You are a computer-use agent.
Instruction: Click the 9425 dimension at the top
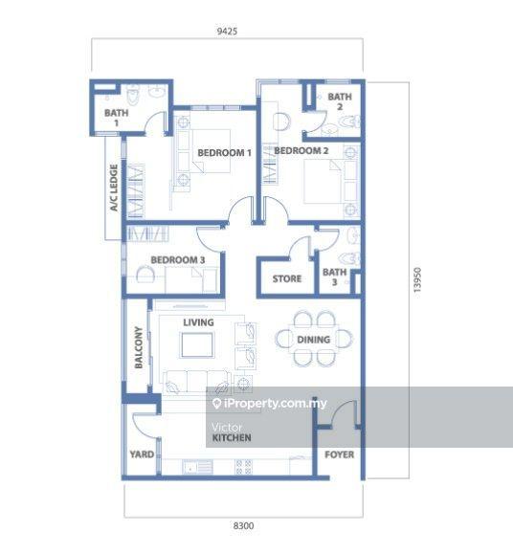tap(227, 31)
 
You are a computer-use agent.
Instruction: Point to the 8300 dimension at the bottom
tap(243, 526)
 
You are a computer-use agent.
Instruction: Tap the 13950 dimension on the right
tap(417, 280)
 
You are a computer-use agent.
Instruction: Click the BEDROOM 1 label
tap(224, 153)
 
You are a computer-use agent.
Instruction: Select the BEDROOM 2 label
tap(301, 150)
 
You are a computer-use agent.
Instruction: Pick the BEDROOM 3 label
tap(178, 260)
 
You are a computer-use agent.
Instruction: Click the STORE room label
tap(287, 278)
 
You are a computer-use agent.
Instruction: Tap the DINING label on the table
tap(314, 340)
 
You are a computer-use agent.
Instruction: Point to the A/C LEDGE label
tap(114, 188)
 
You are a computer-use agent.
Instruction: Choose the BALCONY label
tap(139, 347)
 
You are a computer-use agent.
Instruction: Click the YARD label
tap(142, 454)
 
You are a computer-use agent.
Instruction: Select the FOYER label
tap(339, 454)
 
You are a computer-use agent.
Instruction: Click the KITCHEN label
tap(232, 437)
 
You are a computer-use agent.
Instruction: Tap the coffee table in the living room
tap(197, 345)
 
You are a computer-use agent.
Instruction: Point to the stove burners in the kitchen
tap(243, 467)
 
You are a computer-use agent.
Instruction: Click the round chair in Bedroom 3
tap(145, 275)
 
